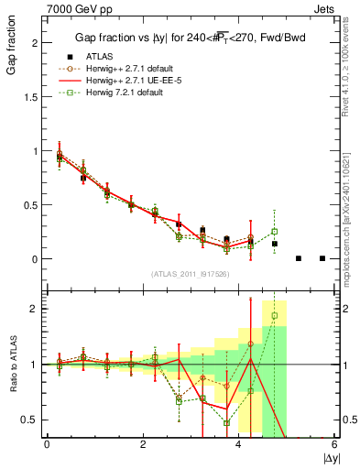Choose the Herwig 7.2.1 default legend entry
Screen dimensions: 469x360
pyautogui.click(x=122, y=93)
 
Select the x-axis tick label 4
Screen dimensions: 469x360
pyautogui.click(x=239, y=444)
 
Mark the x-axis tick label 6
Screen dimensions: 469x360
pyautogui.click(x=335, y=444)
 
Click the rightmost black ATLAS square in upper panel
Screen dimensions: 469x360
pyautogui.click(x=322, y=258)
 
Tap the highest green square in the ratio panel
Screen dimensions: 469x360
pyautogui.click(x=274, y=316)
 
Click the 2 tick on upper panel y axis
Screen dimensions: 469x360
pyautogui.click(x=35, y=43)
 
